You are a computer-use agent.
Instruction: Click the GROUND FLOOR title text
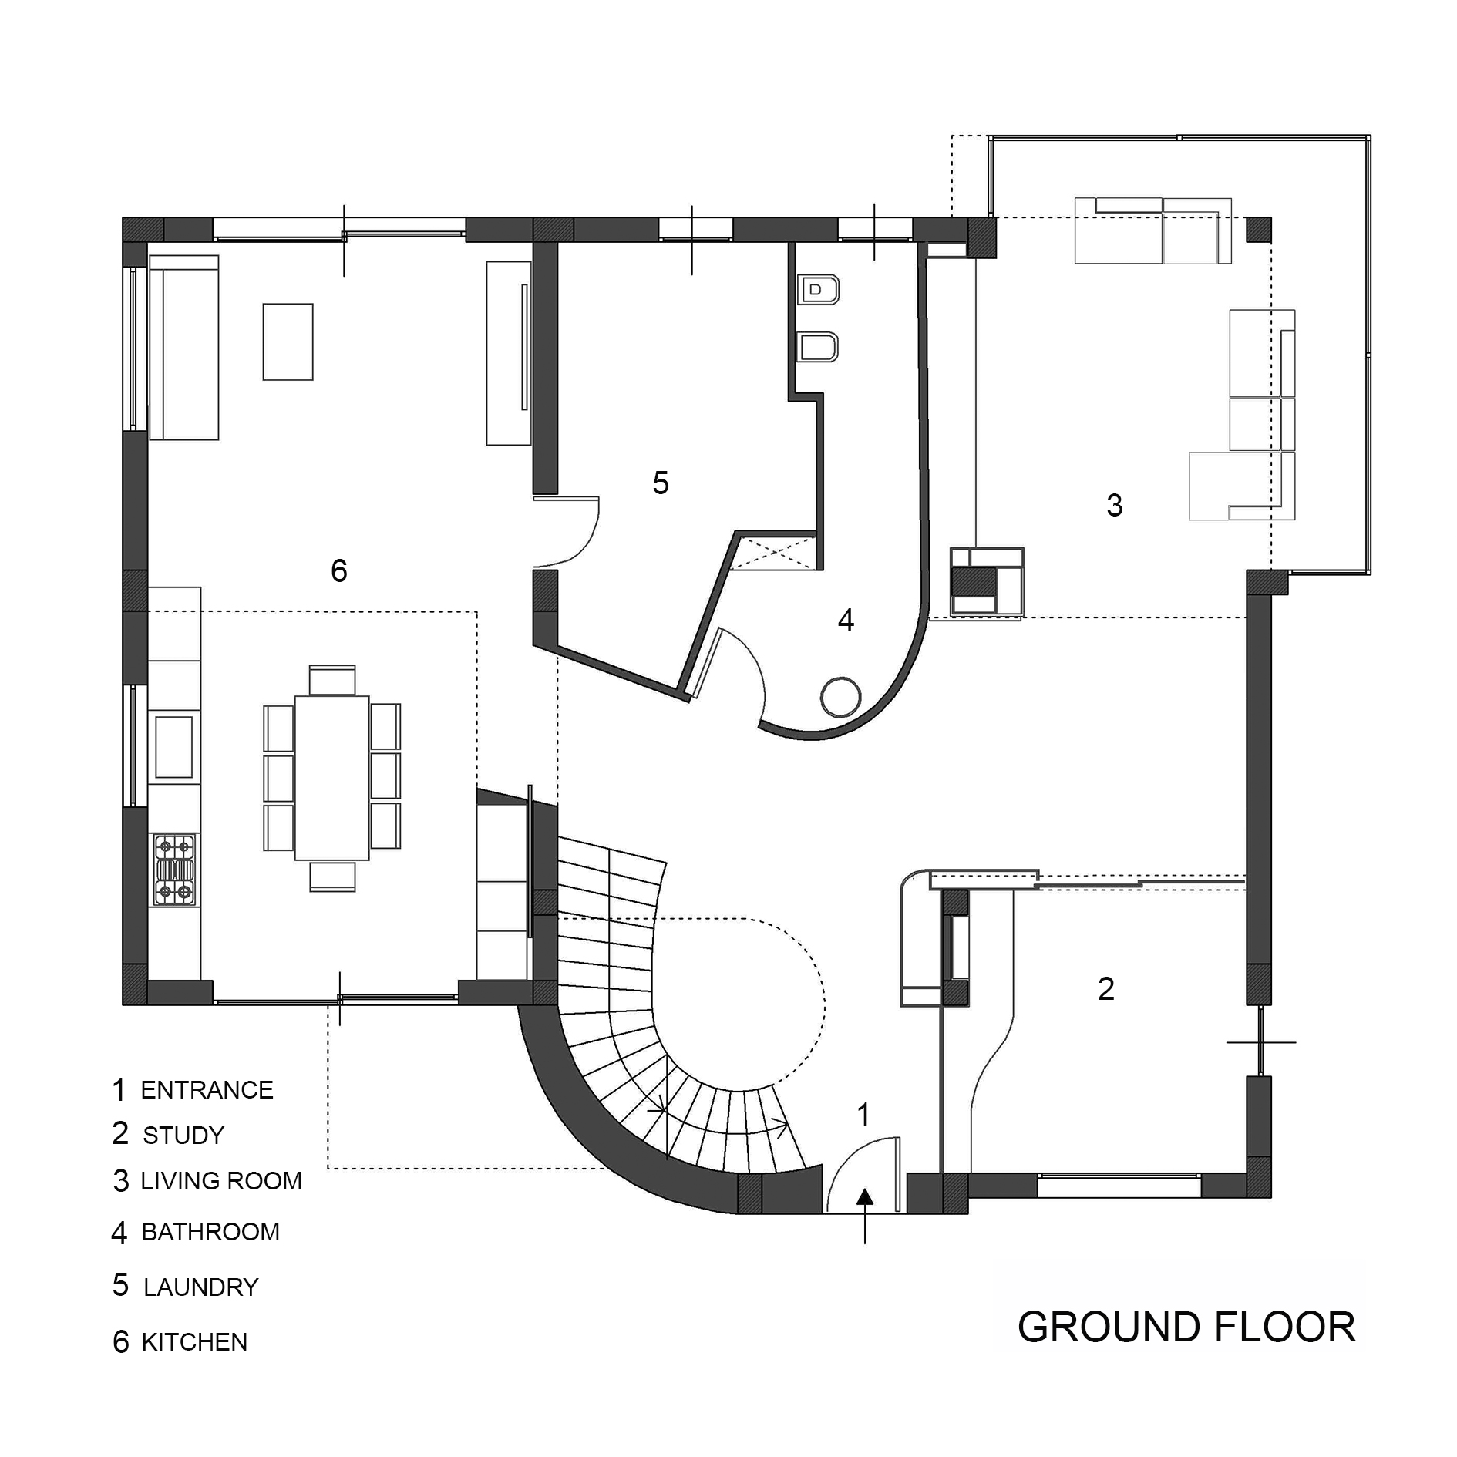pos(1186,1327)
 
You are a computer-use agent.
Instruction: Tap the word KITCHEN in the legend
pos(194,1342)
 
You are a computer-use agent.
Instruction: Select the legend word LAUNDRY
pos(200,1287)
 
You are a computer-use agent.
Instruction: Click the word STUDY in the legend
pos(183,1136)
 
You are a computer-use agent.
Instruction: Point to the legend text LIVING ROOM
pos(220,1181)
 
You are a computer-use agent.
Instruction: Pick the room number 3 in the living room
pos(1114,505)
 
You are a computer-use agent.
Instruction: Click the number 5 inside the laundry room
pos(661,483)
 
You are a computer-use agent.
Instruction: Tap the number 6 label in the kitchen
pos(339,571)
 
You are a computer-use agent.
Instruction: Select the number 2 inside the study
pos(1105,989)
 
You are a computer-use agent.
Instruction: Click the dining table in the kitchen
pos(332,777)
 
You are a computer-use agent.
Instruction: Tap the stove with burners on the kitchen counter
pos(174,870)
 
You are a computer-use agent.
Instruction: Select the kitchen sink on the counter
pos(174,746)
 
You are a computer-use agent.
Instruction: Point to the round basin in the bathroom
pos(840,697)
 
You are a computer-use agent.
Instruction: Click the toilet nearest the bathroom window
pos(819,291)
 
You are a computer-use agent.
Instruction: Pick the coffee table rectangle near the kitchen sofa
pos(288,342)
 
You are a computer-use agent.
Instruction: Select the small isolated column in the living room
pos(1258,230)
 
